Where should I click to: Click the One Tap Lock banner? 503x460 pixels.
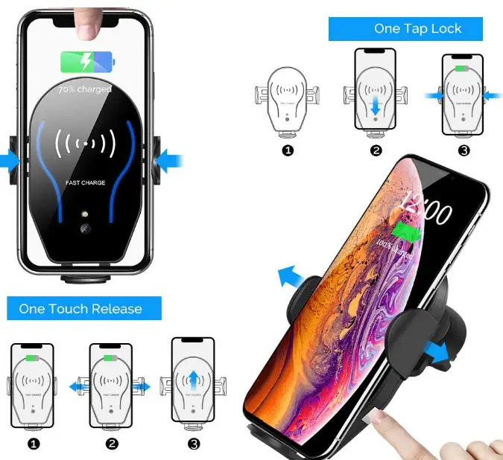pos(405,29)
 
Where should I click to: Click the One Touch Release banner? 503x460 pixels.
pos(84,308)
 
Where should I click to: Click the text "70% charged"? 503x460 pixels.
pos(85,89)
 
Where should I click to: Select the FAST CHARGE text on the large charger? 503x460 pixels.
pos(84,182)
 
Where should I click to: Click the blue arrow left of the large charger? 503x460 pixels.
pos(10,159)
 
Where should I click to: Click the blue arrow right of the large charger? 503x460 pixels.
pos(168,159)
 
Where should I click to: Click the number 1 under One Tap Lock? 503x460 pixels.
pos(288,150)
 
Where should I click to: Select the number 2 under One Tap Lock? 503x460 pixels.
pos(376,150)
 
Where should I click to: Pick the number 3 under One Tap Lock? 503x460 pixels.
pos(464,150)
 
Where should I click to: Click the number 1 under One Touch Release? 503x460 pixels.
pos(32,444)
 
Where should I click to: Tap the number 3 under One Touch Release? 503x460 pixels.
pos(194,444)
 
